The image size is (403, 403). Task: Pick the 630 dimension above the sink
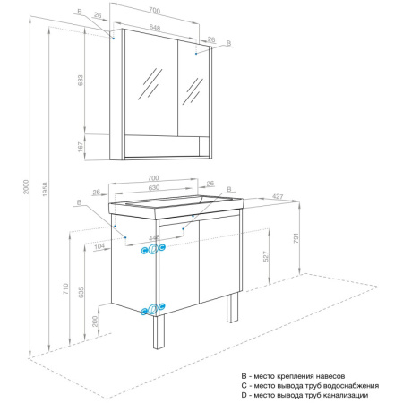coord(155,189)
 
